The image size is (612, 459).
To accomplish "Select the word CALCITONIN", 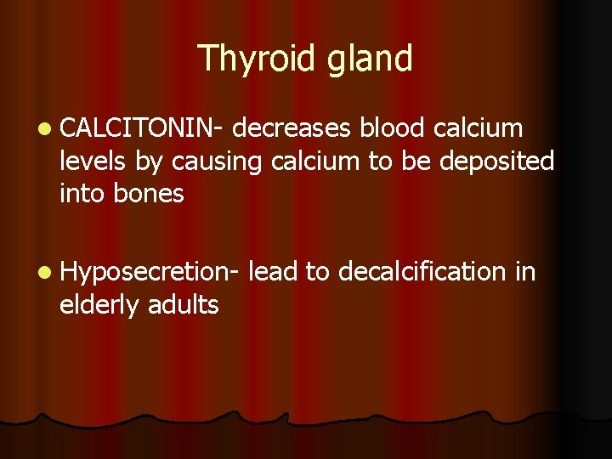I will (x=139, y=128).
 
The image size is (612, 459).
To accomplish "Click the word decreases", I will (x=292, y=128).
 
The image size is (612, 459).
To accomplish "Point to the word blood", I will (x=394, y=128).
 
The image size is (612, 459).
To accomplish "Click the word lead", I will (x=274, y=272).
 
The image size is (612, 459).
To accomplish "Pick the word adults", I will (x=183, y=304).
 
